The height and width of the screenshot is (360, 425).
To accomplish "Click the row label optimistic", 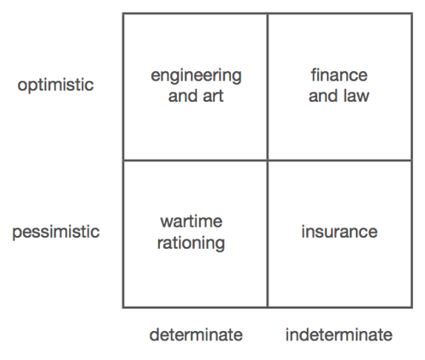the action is click(x=55, y=85).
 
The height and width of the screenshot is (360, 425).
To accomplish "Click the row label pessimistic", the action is click(x=56, y=232).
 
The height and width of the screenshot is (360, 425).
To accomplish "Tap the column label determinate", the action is click(x=196, y=335).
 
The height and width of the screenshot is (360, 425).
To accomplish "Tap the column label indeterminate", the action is click(x=339, y=335).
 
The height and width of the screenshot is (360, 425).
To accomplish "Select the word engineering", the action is click(x=196, y=76).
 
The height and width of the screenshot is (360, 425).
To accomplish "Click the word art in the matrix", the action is click(x=213, y=96).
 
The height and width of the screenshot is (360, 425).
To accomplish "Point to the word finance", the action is click(x=339, y=75).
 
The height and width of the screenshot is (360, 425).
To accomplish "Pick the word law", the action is click(x=356, y=96).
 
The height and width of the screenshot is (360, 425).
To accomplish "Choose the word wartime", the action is click(x=191, y=221).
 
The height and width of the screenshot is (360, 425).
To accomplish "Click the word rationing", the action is click(x=191, y=244).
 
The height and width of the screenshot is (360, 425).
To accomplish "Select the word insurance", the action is click(x=339, y=232).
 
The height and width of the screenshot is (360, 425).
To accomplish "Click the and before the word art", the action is click(x=182, y=96).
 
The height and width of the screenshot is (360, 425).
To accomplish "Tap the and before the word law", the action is click(x=323, y=96).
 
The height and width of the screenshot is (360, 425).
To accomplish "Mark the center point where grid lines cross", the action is click(x=267, y=160).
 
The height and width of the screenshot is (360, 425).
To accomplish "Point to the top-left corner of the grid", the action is click(x=123, y=14).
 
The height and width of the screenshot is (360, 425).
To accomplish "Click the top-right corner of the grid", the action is click(x=411, y=14).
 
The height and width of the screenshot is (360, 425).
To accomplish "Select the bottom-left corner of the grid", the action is click(x=123, y=307).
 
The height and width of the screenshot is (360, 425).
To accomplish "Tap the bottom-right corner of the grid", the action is click(x=411, y=307).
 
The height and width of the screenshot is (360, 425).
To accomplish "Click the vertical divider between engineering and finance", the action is click(x=267, y=87).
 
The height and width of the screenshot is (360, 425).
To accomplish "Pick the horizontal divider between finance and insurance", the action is click(x=339, y=160).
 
